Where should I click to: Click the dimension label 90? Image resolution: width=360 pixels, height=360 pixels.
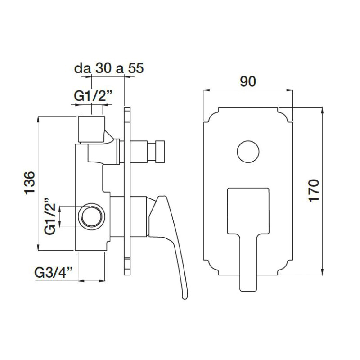point(248,81)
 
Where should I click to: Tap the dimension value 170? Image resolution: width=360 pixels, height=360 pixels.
point(314,191)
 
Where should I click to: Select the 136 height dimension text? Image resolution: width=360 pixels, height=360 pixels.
point(30,183)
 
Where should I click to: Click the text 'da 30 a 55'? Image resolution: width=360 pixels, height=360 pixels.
point(109,68)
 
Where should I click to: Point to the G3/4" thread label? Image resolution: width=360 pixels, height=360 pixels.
point(54,272)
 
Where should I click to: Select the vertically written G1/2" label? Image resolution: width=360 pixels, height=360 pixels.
point(50,216)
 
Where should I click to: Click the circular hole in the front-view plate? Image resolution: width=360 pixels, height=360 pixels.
point(248,152)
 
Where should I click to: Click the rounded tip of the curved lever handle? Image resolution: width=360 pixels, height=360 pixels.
point(185,297)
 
